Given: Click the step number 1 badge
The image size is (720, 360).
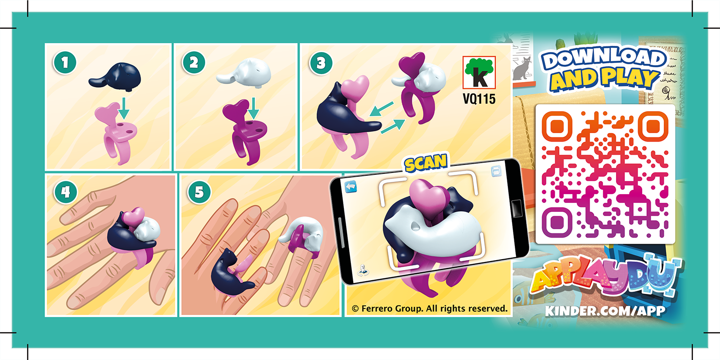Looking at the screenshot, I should coord(65,64).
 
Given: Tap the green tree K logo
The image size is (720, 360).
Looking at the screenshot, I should coord(479,73).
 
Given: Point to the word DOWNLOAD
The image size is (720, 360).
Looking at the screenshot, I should coord(603,58).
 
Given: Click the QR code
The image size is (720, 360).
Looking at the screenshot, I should coord(605,174).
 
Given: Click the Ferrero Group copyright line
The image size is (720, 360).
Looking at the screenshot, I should coord(430,308).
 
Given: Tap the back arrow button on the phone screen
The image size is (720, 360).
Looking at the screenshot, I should coord(351,187).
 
